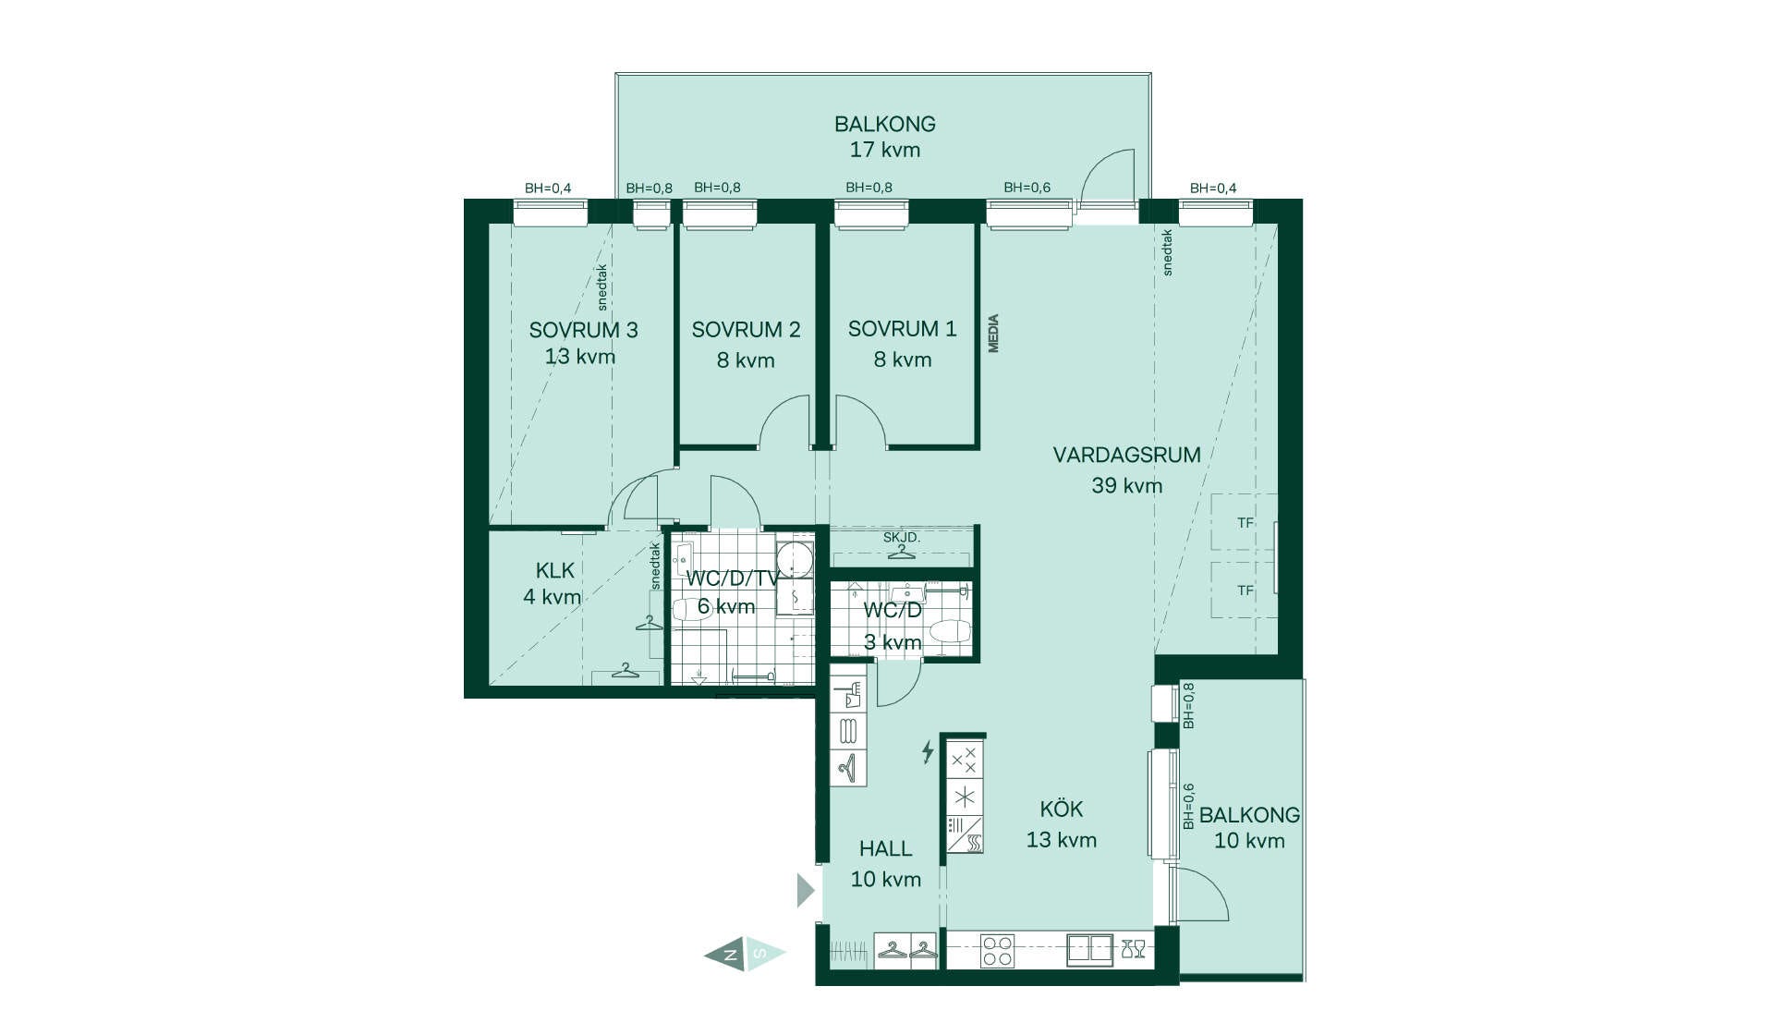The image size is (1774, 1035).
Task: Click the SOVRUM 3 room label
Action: [x=583, y=330]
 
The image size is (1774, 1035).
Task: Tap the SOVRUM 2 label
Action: [x=746, y=330]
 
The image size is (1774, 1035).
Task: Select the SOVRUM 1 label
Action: [x=902, y=329]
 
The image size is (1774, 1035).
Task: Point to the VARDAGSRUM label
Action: [x=1126, y=455]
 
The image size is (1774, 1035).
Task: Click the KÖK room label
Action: [x=1061, y=809]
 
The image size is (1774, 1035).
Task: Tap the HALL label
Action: [x=885, y=848]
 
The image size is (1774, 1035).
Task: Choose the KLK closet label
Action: [x=554, y=571]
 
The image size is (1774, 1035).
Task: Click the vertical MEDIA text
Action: [x=993, y=334]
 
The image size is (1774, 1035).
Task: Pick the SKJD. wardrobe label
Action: [x=901, y=537]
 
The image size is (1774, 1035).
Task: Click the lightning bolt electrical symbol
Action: [x=928, y=751]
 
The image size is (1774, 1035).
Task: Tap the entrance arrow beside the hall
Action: [x=806, y=891]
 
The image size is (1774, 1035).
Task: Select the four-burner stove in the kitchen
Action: [x=997, y=951]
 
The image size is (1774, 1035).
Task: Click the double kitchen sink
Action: [x=1090, y=950]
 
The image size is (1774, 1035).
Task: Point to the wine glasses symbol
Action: [x=1133, y=948]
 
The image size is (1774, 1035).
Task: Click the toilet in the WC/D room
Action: [x=950, y=632]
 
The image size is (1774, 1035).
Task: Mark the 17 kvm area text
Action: [x=885, y=150]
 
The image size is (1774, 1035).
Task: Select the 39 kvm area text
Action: [x=1126, y=485]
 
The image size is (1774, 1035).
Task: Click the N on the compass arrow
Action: [x=731, y=955]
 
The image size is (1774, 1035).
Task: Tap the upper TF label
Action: [x=1245, y=523]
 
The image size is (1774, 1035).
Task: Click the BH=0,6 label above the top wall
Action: [x=1027, y=188]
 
